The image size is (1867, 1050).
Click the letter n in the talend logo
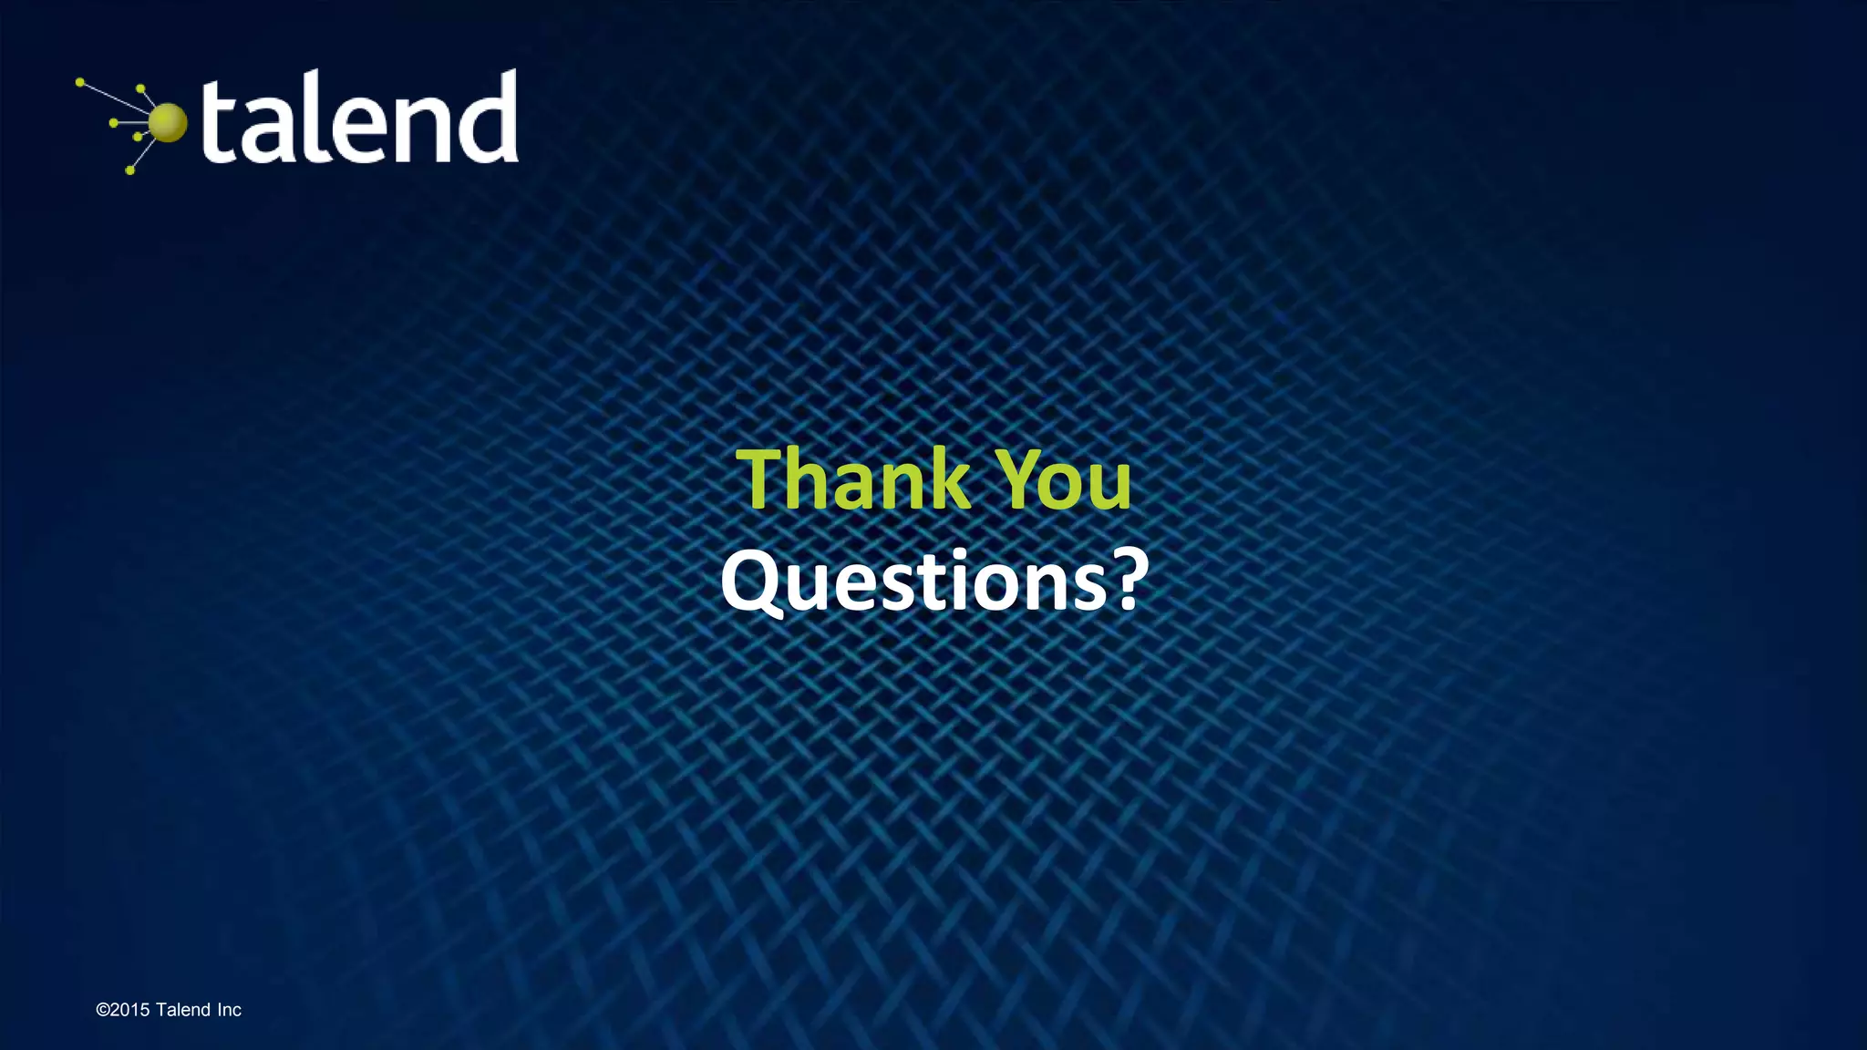pyautogui.click(x=409, y=129)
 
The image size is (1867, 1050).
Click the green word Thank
pyautogui.click(x=853, y=479)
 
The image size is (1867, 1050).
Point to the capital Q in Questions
pyautogui.click(x=752, y=583)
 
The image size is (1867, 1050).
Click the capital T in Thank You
pyautogui.click(x=768, y=479)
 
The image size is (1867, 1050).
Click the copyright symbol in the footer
pyautogui.click(x=102, y=1010)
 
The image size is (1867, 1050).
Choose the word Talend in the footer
pyautogui.click(x=183, y=1010)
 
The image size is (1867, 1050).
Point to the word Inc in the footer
pyautogui.click(x=229, y=1010)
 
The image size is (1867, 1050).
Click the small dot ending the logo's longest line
pyautogui.click(x=80, y=82)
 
